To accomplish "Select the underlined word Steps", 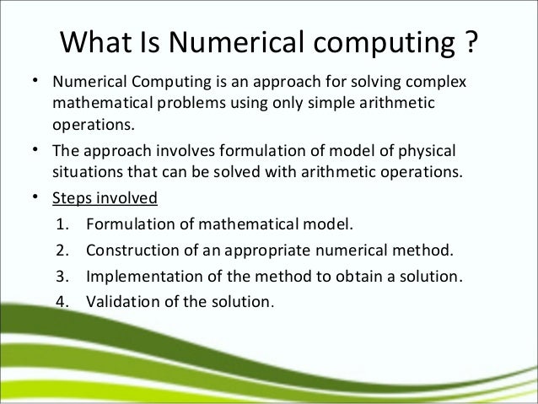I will coord(71,199).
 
